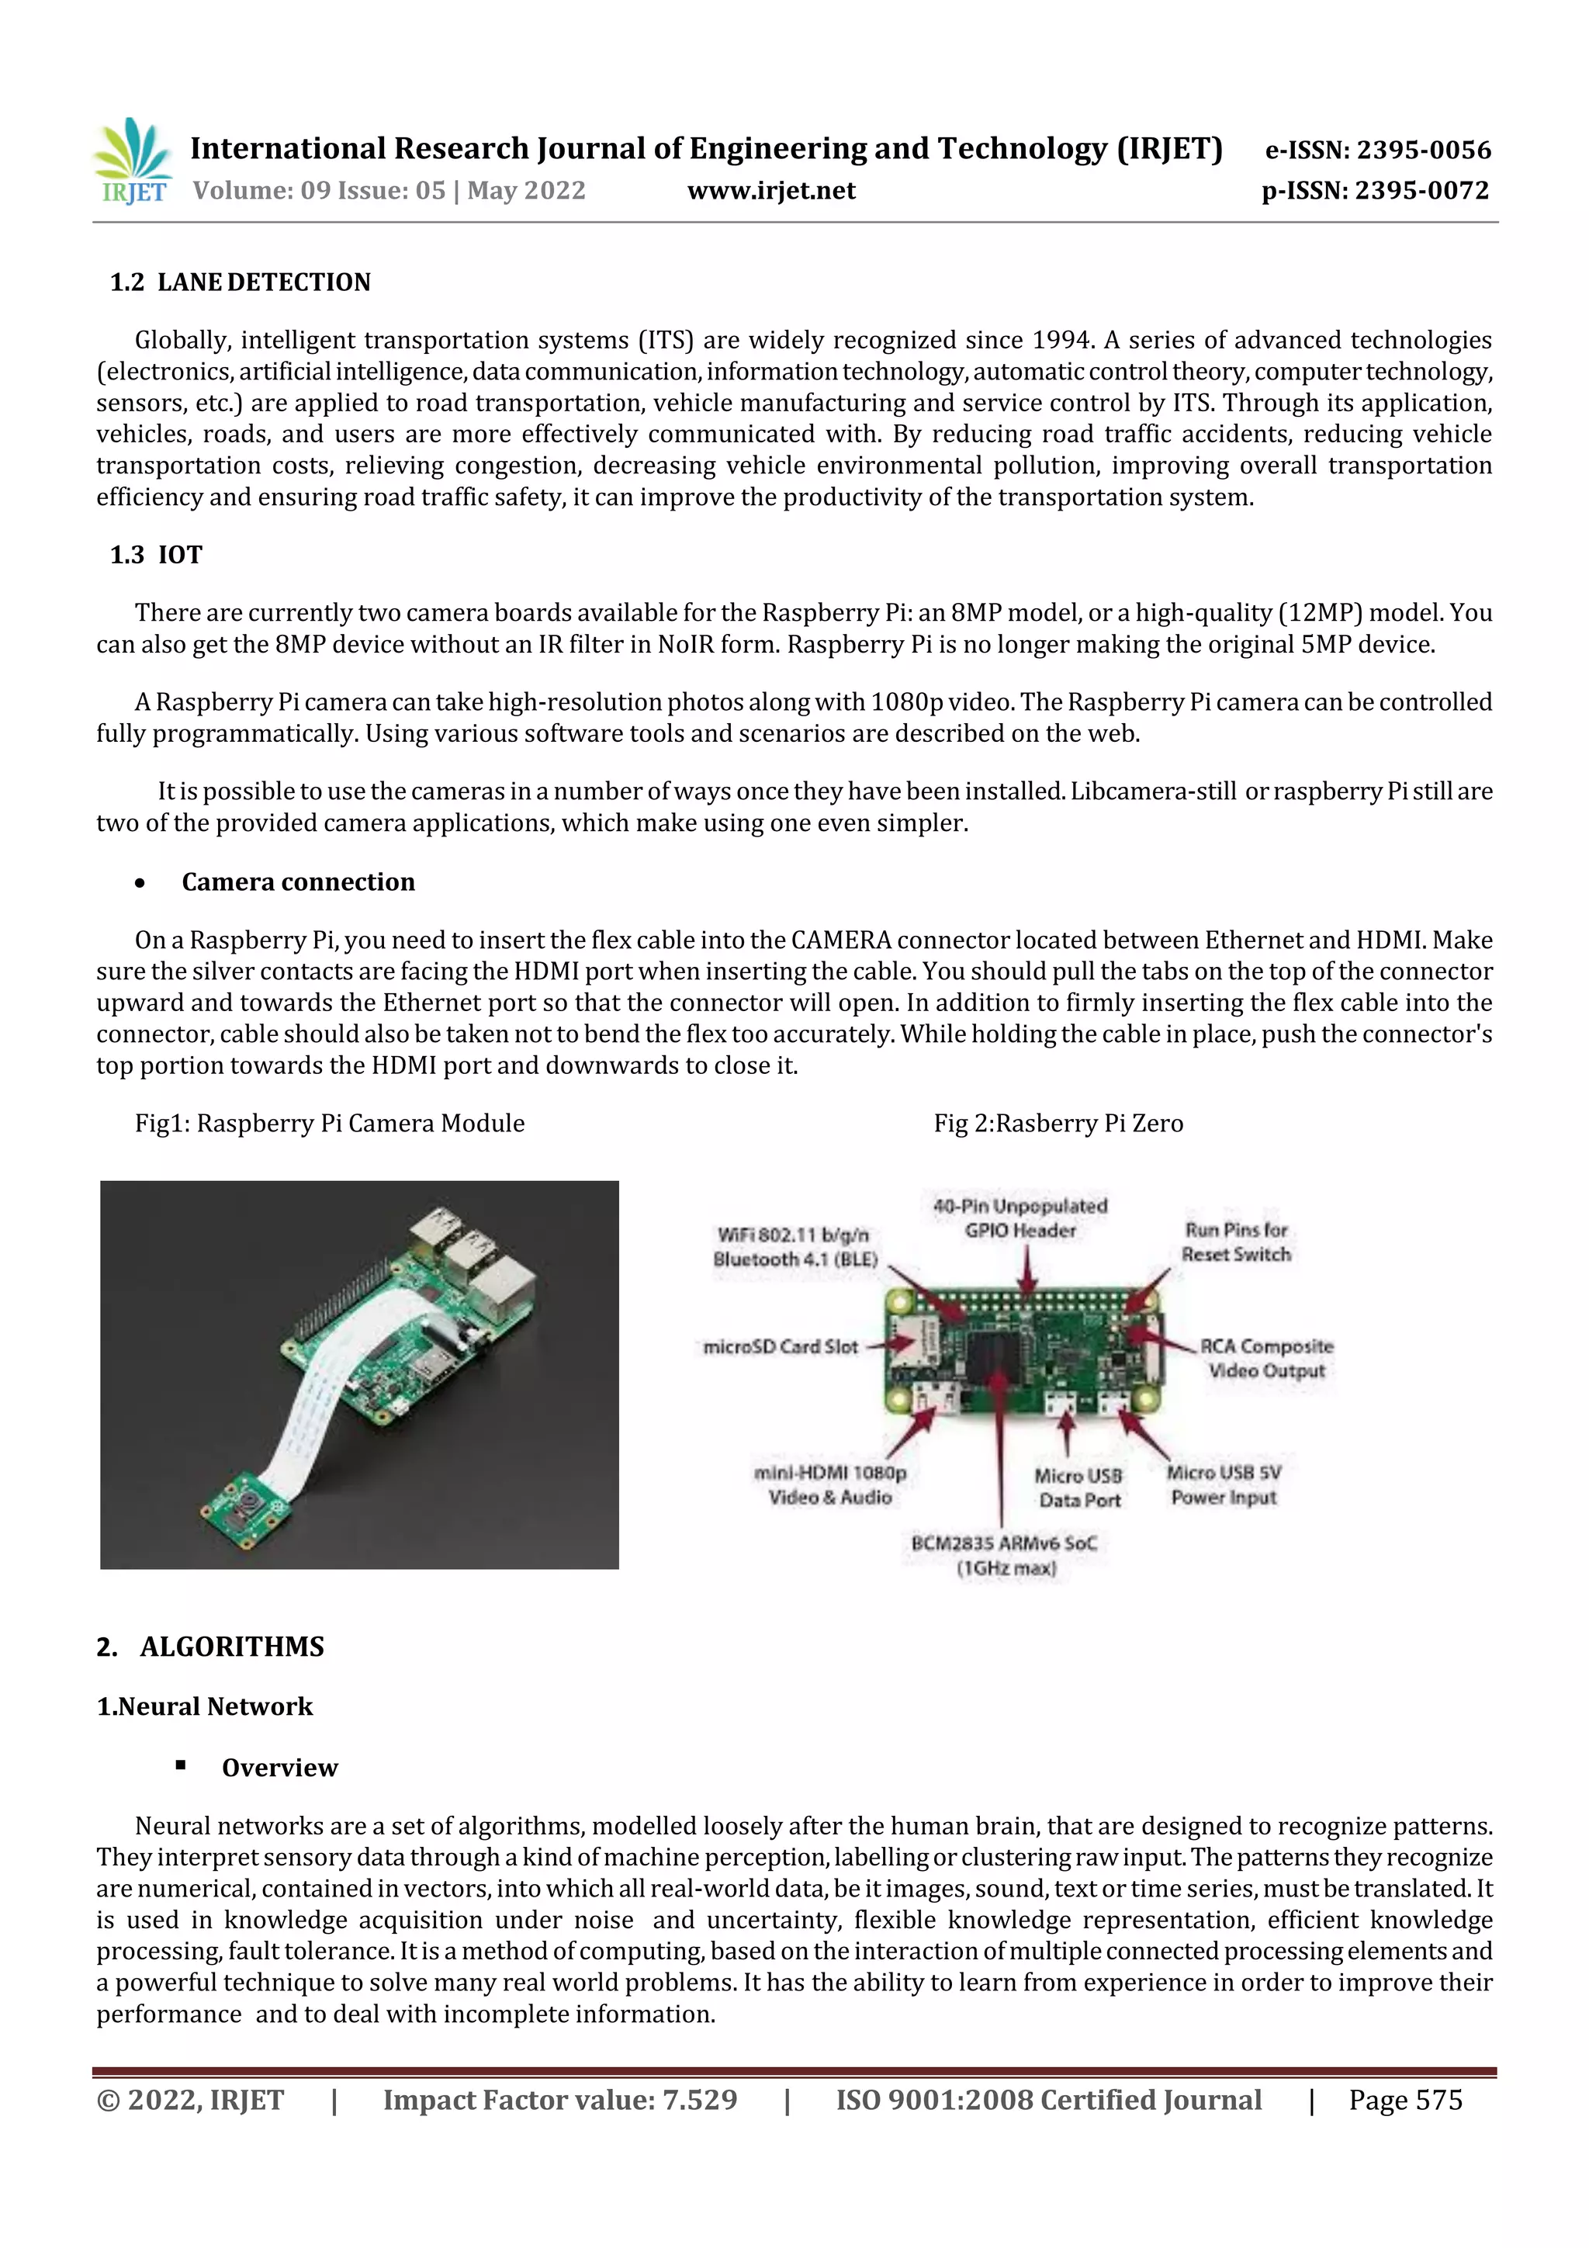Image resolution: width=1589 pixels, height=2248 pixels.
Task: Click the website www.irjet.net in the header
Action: (x=770, y=191)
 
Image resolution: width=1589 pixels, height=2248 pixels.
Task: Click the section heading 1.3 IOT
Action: (x=156, y=555)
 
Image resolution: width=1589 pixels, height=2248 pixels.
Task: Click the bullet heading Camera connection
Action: (x=298, y=882)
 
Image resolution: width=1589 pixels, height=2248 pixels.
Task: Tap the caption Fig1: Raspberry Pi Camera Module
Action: (x=330, y=1123)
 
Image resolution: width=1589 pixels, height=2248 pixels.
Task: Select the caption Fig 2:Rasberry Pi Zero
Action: (x=1058, y=1123)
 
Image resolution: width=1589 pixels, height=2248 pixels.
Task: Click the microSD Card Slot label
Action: (x=781, y=1347)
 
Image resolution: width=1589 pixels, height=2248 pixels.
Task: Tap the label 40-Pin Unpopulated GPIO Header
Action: (x=1020, y=1218)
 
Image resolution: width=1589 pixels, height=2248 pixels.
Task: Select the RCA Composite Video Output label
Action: (x=1266, y=1359)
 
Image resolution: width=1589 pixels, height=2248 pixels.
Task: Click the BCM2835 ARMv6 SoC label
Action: (x=1005, y=1555)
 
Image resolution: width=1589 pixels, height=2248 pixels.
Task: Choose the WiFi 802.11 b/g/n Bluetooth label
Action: (x=795, y=1246)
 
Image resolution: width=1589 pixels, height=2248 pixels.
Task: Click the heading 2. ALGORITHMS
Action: (x=210, y=1647)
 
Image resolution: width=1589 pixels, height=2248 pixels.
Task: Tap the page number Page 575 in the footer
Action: (x=1405, y=2099)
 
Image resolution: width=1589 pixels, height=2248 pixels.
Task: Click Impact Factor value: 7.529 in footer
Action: (x=560, y=2099)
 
